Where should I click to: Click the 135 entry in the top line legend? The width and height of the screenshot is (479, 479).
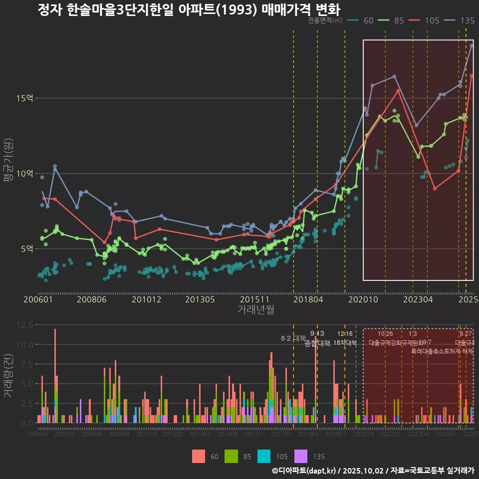click(x=467, y=20)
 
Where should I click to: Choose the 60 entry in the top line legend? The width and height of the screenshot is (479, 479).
click(x=369, y=20)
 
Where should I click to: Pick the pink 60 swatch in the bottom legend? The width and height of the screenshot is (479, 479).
click(x=199, y=456)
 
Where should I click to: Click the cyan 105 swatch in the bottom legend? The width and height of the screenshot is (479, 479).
click(x=264, y=456)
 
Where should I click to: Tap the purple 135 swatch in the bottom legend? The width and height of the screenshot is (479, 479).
click(x=301, y=456)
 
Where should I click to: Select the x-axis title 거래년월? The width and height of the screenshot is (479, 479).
click(x=255, y=310)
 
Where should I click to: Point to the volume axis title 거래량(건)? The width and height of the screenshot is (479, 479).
click(x=8, y=375)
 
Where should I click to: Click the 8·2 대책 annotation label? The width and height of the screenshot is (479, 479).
click(x=293, y=338)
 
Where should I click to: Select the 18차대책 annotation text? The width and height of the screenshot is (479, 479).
click(x=345, y=343)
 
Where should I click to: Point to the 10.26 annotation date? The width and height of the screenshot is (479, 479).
click(x=385, y=334)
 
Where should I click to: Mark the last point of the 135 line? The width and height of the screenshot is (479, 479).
click(x=471, y=45)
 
